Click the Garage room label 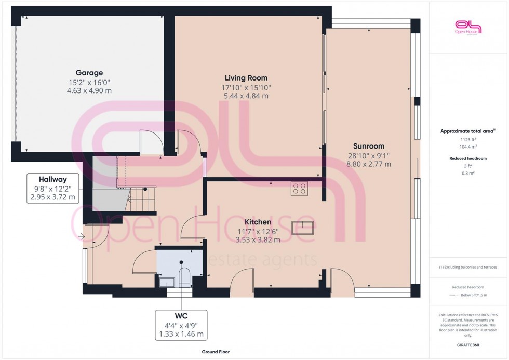(89, 73)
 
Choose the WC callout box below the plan (181, 325)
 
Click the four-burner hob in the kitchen (299, 189)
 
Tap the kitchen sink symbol (303, 228)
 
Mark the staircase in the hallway (141, 200)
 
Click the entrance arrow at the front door (82, 237)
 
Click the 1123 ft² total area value (468, 140)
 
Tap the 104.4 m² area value (468, 147)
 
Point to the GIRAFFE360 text (468, 345)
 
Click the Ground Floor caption (216, 352)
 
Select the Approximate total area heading (468, 131)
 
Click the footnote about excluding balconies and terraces (468, 267)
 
